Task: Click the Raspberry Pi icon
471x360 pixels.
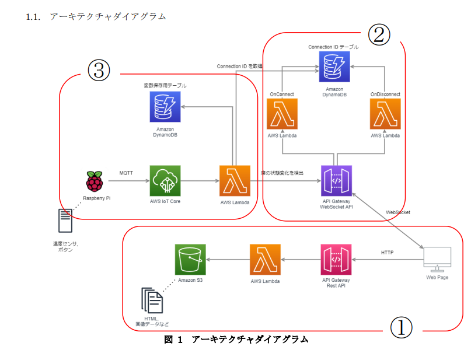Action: point(93,181)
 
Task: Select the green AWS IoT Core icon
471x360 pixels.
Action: point(165,181)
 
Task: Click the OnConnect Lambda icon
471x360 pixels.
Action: point(282,114)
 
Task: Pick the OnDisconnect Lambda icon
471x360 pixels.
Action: point(385,114)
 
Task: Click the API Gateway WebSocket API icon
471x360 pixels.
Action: point(336,181)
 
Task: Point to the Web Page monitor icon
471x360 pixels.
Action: point(437,258)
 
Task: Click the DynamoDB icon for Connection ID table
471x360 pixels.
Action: point(334,67)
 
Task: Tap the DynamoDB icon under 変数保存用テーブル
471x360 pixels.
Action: point(165,107)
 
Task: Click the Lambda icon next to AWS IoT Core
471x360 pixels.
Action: point(235,181)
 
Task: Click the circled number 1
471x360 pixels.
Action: point(400,328)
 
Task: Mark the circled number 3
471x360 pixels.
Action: point(99,71)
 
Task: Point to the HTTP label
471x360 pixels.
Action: point(387,253)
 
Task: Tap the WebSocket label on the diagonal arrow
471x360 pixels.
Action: point(398,212)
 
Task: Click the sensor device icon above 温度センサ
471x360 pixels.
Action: point(65,221)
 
